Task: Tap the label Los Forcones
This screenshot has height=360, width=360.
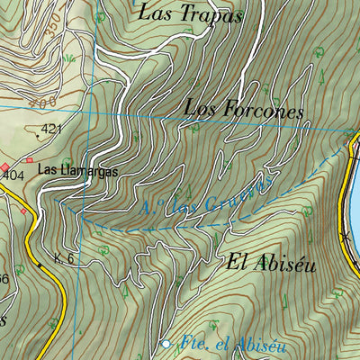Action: (243, 109)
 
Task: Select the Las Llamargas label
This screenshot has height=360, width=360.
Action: (77, 169)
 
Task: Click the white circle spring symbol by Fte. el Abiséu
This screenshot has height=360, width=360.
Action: (166, 344)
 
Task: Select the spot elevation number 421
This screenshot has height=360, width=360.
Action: (52, 130)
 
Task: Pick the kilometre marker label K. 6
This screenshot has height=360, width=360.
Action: (63, 259)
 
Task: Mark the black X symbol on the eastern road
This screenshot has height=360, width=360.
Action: (345, 236)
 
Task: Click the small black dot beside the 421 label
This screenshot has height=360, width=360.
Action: (35, 135)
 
